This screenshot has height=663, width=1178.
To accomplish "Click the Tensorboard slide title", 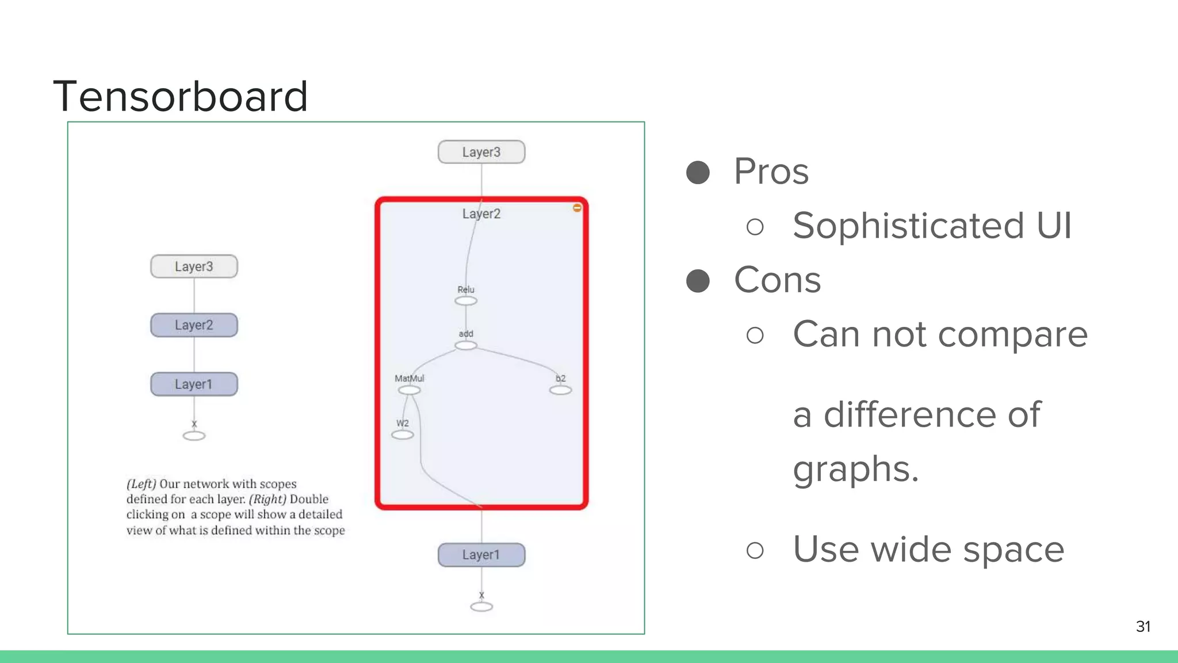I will tap(180, 96).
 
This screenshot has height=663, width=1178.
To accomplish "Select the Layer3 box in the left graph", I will tap(194, 266).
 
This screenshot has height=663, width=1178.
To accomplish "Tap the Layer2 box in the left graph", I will tap(194, 325).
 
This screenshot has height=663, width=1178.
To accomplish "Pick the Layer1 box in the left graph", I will tap(194, 384).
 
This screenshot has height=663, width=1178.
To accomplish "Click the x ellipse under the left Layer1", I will tap(194, 436).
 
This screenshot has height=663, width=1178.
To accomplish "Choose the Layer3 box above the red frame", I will tap(481, 152).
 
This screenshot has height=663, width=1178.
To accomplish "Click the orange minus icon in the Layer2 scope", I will tap(577, 208).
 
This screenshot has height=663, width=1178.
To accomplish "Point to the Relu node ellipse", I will tap(466, 301).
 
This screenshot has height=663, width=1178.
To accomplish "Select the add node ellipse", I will tap(466, 345).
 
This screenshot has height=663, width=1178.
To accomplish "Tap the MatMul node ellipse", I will tap(409, 390).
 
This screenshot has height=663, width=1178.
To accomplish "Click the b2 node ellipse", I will tap(560, 390).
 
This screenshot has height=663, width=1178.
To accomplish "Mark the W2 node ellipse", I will tap(403, 435).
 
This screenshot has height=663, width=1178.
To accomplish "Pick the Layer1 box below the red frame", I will tap(481, 555).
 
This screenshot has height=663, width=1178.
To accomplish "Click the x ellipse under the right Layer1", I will tap(481, 607).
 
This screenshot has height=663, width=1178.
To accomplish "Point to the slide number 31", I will tap(1143, 626).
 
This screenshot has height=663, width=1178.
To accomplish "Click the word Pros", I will tap(771, 172).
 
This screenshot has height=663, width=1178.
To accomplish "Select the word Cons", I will tap(777, 280).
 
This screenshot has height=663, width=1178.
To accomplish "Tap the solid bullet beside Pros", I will tap(698, 172).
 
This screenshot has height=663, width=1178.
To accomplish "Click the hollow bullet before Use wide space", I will tap(755, 550).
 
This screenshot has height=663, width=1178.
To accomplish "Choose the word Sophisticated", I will tap(908, 226).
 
